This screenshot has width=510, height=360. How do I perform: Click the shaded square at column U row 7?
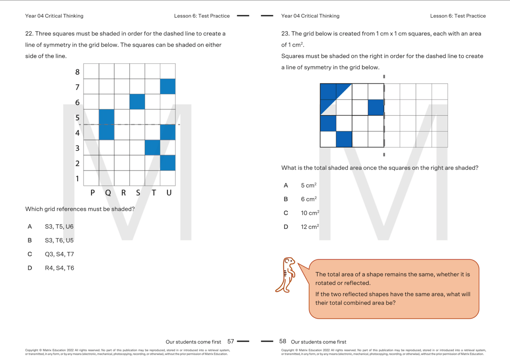coord(168,86)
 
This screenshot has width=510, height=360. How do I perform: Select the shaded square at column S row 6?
coord(137,102)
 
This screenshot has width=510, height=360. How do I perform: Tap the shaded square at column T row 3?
coord(152,147)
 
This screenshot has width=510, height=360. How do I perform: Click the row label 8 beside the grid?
coord(77,72)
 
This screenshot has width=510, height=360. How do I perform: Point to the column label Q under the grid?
coord(108,193)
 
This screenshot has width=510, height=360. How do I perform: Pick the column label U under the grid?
coord(169,193)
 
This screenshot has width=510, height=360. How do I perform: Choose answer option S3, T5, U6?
coord(59,227)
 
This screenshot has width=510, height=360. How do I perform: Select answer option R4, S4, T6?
coord(59,268)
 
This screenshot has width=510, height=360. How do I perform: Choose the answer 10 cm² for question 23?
coord(310,213)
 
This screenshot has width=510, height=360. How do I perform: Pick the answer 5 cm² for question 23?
coord(308,185)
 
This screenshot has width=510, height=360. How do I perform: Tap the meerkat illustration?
coord(287,275)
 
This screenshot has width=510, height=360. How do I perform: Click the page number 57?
coord(231,341)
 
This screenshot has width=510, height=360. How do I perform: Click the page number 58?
coord(283,341)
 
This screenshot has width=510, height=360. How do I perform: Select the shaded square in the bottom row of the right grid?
coord(344,139)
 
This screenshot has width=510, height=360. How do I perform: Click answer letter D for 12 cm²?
coord(286,227)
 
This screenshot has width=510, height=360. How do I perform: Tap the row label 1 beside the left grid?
coord(77,179)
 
